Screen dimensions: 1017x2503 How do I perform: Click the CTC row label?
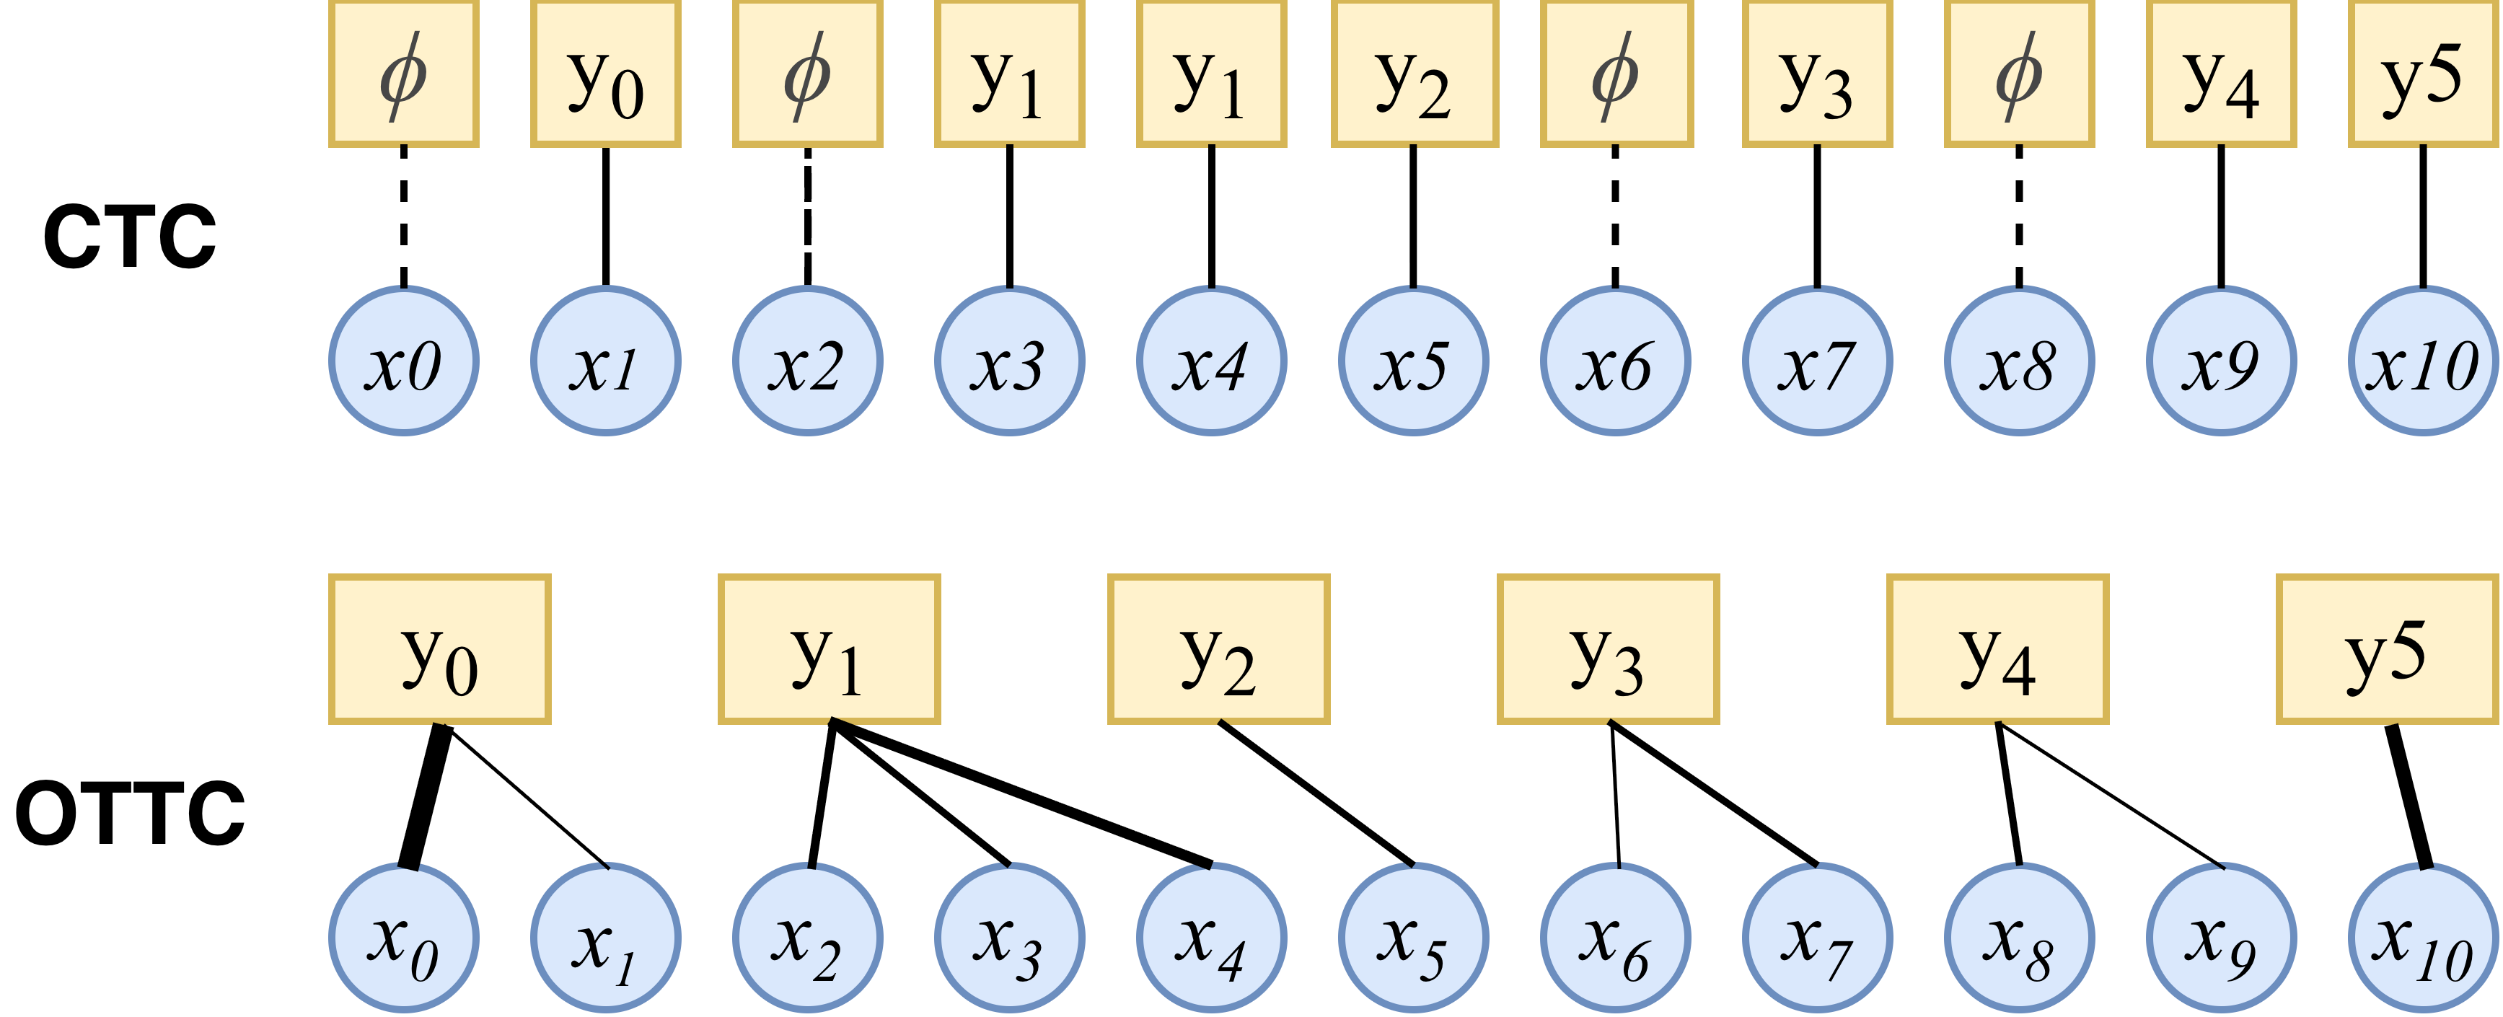point(129,237)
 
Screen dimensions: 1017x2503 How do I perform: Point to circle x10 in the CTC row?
point(2422,361)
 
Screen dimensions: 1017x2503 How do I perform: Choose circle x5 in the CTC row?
point(1413,361)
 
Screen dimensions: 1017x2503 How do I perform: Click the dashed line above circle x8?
point(2019,216)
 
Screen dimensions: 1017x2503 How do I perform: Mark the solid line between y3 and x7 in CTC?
point(1817,216)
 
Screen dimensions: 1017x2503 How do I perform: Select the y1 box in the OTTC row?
point(829,649)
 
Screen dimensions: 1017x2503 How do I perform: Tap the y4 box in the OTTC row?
point(1997,649)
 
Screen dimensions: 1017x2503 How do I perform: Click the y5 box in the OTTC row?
point(2386,649)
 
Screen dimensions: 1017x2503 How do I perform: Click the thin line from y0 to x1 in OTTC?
point(527,796)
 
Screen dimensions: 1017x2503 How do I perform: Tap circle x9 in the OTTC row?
point(2220,938)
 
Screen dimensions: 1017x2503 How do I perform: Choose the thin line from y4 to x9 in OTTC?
point(2111,795)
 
